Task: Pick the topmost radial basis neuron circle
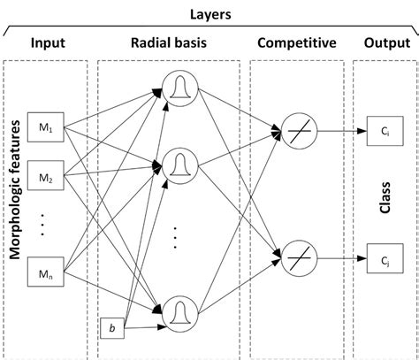[x=179, y=88]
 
